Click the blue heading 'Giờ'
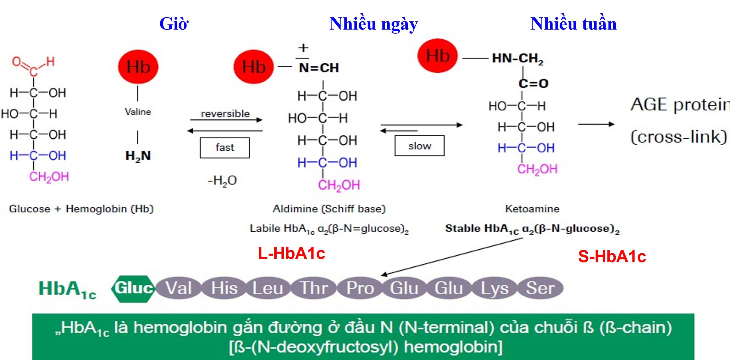174,24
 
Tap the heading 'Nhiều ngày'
374,24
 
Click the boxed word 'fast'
225,148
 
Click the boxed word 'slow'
419,146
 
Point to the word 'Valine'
138,112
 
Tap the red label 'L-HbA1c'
291,253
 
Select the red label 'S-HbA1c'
612,256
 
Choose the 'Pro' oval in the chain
360,288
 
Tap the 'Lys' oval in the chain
494,288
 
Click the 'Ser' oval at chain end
540,288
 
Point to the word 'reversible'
225,114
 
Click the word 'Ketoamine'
532,209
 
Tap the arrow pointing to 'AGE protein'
596,124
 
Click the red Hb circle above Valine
138,67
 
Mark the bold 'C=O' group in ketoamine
533,84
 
